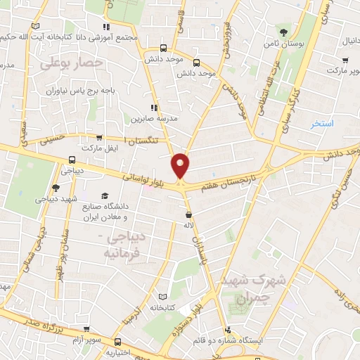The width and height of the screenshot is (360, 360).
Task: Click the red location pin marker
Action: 181,165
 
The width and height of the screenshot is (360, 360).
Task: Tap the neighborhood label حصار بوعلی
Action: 72,64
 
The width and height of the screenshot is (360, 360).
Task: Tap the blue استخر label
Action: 325,124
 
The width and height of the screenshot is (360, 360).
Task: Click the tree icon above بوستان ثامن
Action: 283,32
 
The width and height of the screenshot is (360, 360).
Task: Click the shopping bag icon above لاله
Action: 188,215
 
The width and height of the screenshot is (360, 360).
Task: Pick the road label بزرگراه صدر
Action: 33,324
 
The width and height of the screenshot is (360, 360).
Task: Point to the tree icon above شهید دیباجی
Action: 55,188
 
